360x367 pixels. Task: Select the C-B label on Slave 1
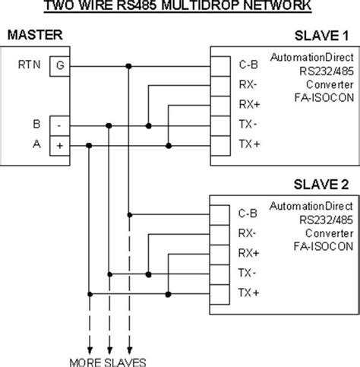tap(248, 65)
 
